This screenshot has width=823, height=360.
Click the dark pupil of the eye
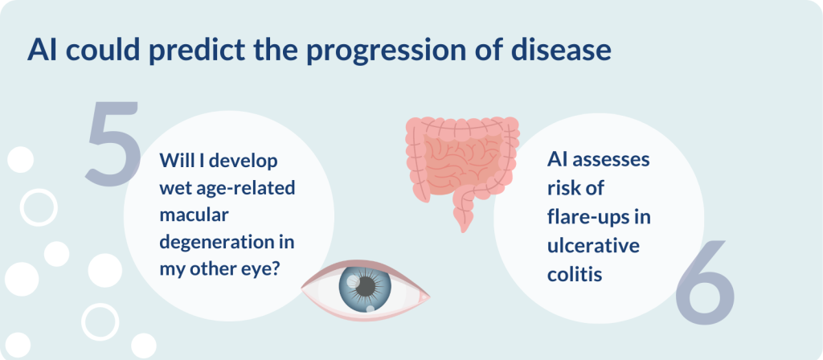pos(366,286)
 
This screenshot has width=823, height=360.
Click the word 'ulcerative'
pos(594,245)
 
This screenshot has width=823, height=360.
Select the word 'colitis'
pos(575,273)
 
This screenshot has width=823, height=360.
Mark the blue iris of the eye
pos(366,287)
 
